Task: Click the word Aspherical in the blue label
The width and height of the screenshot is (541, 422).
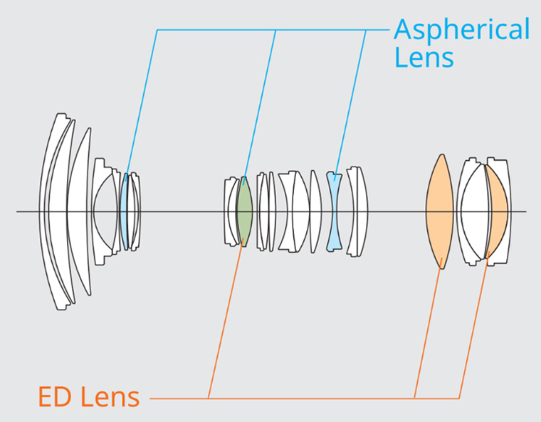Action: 461,30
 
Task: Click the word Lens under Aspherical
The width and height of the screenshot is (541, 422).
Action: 424,57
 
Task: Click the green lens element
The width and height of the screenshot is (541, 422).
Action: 244,211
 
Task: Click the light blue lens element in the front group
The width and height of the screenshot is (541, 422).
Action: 125,211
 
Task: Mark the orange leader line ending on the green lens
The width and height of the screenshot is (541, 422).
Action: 225,320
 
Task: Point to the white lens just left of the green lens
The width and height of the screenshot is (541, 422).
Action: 231,211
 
